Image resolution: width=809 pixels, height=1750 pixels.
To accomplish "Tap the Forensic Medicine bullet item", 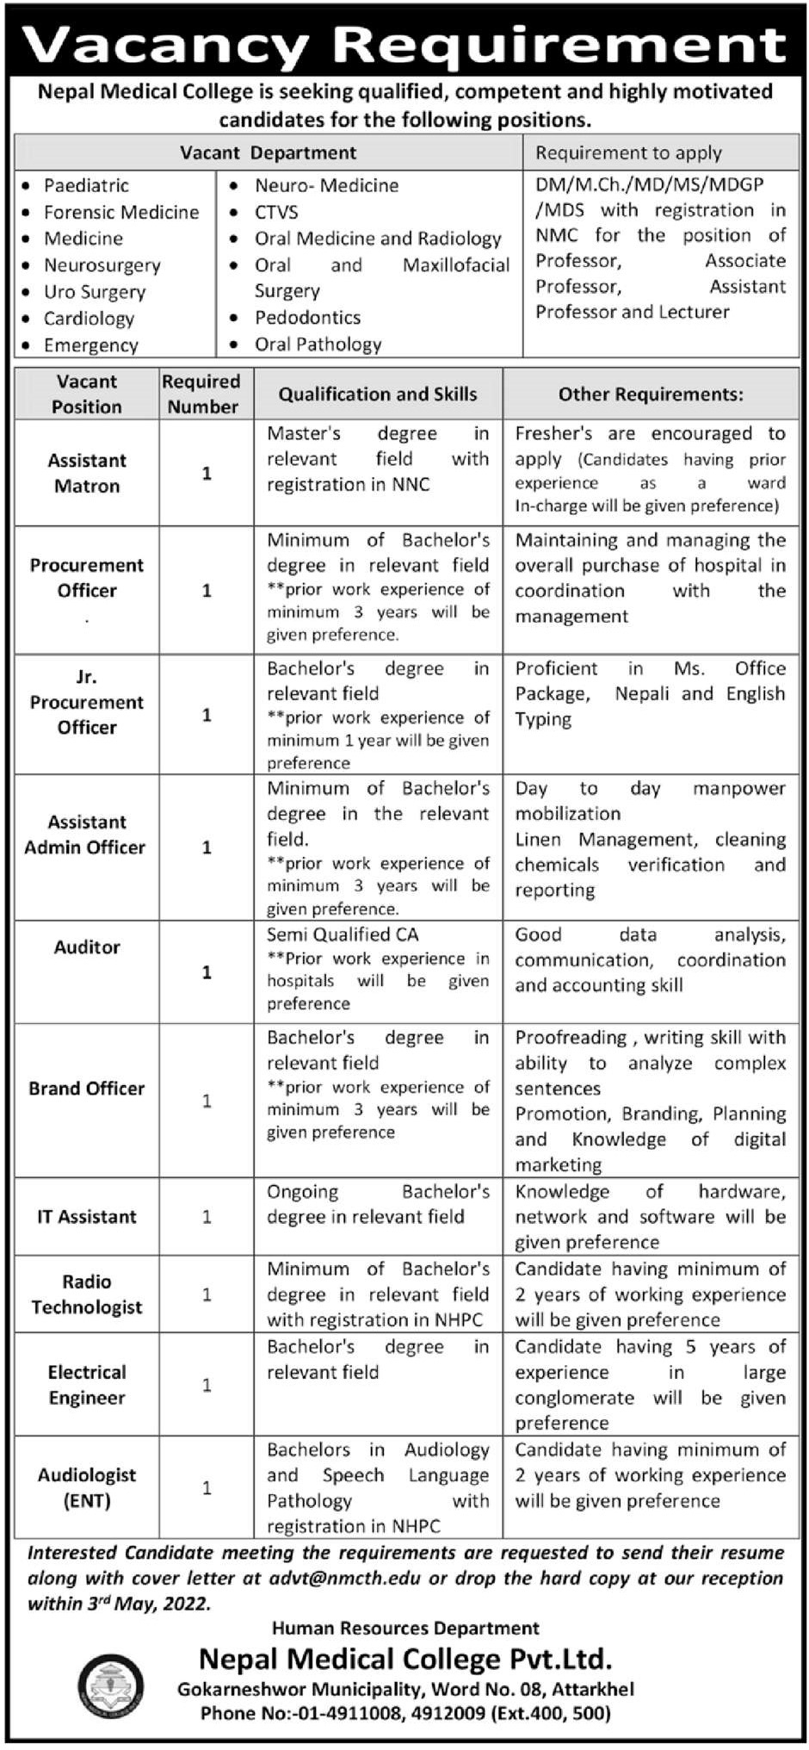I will point(121,212).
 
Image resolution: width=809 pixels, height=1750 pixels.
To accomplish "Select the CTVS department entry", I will point(276,212).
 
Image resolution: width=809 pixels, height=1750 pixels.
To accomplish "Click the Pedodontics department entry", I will point(307,317).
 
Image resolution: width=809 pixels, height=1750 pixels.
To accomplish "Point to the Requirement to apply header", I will point(628,153).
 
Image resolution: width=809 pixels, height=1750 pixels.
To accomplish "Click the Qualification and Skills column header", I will point(377,394).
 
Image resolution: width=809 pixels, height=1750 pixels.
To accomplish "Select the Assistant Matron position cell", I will point(87,473).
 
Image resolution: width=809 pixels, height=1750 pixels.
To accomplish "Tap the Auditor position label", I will point(87,947).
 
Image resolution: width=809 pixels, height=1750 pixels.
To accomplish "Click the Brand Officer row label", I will point(87,1089).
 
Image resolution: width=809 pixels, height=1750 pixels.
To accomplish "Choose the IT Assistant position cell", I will point(87,1217).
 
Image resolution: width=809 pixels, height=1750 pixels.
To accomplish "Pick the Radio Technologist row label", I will point(87,1294).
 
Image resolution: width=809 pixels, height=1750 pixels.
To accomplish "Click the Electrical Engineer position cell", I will point(87,1385).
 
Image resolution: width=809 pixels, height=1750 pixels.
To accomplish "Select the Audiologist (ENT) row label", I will point(87,1487).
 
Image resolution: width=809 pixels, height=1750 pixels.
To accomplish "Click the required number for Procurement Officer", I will point(207,591).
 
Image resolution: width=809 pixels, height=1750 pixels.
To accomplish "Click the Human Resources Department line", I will point(405,1629).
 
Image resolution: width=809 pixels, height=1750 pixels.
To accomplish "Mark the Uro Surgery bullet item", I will point(95,292).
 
